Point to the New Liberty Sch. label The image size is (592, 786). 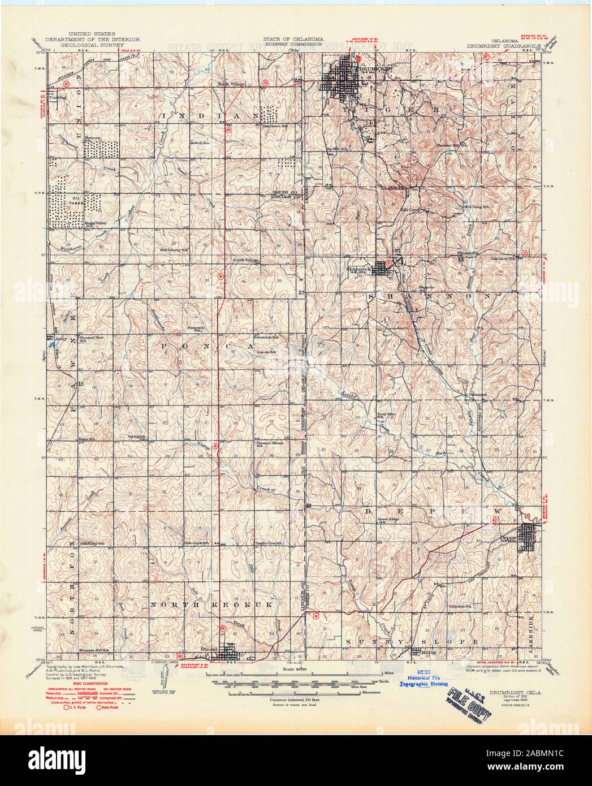click(x=174, y=249)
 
